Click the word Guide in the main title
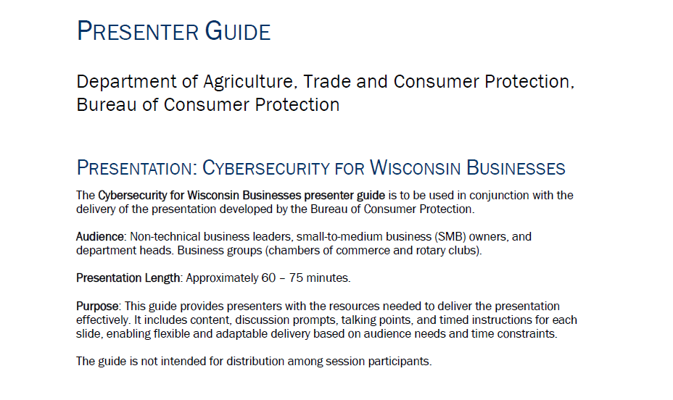click(237, 31)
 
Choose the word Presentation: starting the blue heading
click(136, 167)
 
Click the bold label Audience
click(100, 237)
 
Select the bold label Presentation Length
click(128, 278)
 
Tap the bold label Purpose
click(97, 306)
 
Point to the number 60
click(268, 278)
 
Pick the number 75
click(296, 278)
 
